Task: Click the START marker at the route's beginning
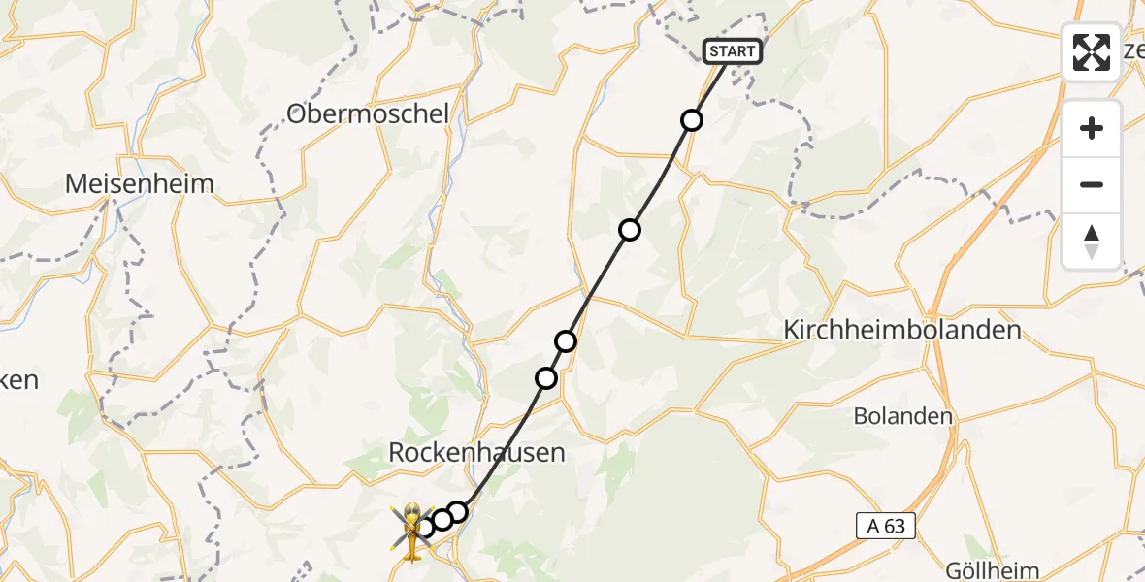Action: [733, 51]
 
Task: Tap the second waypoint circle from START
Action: [630, 230]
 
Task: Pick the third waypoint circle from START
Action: [566, 341]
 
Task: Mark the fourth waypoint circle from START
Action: [546, 378]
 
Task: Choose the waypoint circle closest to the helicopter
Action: [425, 528]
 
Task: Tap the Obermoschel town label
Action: [368, 114]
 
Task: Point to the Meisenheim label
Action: [140, 183]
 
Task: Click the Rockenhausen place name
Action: [476, 452]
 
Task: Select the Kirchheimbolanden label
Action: [902, 331]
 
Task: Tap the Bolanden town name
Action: [902, 416]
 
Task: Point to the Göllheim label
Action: [992, 571]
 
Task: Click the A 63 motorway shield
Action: [886, 527]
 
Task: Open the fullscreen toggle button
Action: [1092, 52]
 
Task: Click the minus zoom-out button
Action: [1092, 185]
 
